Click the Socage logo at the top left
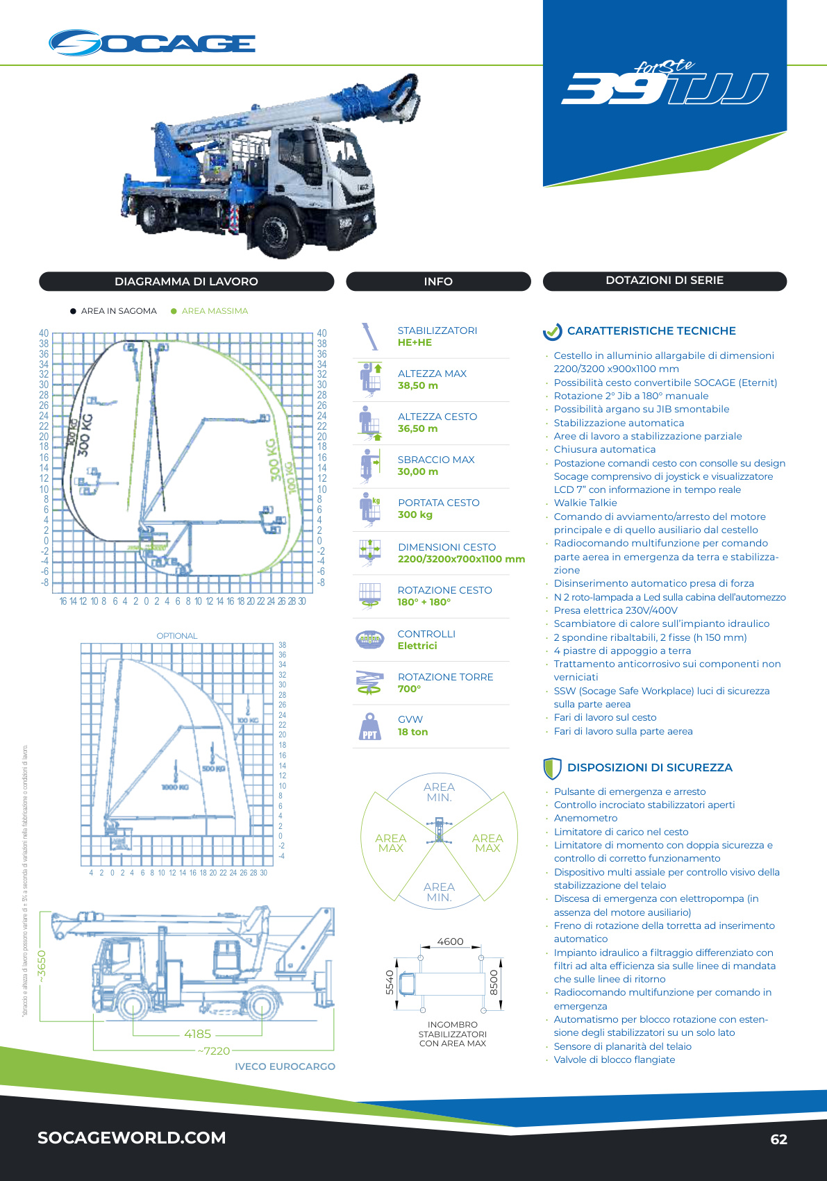[152, 43]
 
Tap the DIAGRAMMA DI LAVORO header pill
[186, 281]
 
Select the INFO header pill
[438, 281]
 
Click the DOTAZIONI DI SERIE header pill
[665, 280]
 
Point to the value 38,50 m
[418, 385]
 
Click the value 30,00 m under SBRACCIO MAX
[418, 471]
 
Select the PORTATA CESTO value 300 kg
[415, 514]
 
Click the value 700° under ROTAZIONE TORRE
[409, 689]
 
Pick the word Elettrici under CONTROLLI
[417, 646]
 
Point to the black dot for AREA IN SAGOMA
[73, 311]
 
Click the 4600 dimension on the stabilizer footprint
[450, 941]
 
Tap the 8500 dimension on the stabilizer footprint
[494, 982]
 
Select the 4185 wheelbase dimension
[197, 1034]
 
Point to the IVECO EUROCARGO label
[285, 1066]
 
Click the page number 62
[778, 1139]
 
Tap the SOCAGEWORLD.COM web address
[132, 1138]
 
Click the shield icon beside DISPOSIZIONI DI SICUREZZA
[552, 768]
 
